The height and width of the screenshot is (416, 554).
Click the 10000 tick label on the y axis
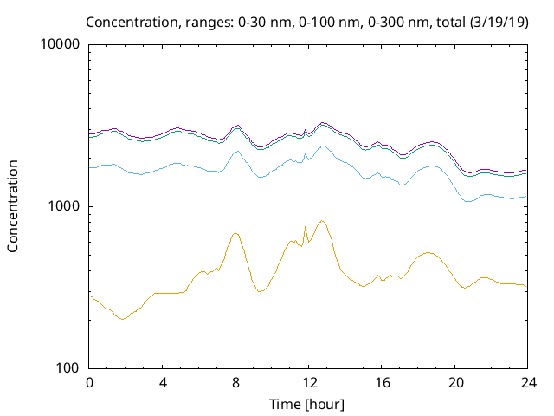(61, 44)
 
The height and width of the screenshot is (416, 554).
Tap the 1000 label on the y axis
(65, 206)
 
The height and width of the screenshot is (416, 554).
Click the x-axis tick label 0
(89, 382)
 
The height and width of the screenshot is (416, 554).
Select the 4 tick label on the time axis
(163, 382)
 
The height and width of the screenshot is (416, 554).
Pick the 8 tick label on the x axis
(235, 382)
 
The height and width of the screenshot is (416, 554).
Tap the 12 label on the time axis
(309, 382)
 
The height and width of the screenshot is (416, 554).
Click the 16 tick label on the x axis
(382, 382)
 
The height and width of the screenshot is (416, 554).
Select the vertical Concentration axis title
(13, 206)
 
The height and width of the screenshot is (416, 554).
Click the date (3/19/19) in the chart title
(496, 21)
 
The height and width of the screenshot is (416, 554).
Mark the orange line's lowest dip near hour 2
(122, 319)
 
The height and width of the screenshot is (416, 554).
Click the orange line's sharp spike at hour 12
(306, 227)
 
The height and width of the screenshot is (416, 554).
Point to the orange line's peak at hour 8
(235, 233)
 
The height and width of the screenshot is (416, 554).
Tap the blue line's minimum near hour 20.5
(467, 201)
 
